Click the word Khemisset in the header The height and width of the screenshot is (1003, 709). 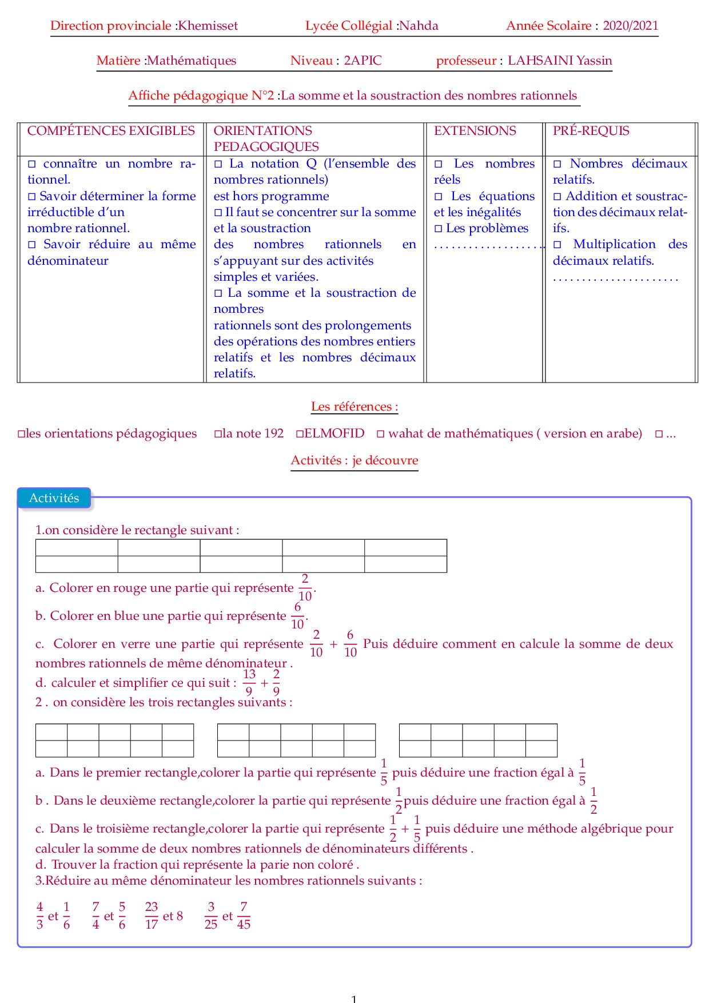coord(208,26)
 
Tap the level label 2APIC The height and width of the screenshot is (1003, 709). coord(363,61)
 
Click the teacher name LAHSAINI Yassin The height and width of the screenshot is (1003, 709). coord(560,61)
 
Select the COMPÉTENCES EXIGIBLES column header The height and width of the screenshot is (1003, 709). coord(111,131)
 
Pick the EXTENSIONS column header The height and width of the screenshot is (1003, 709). coord(475,131)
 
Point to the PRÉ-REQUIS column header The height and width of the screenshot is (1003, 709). coord(591,131)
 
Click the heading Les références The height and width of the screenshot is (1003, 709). coord(354,407)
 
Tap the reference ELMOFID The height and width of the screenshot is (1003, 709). coord(334,433)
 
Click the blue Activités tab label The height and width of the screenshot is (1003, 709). coord(54,498)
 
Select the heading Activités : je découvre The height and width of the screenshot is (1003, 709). coord(354,460)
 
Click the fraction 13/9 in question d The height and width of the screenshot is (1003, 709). coord(249,683)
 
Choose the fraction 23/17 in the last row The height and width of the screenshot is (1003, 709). coord(152,916)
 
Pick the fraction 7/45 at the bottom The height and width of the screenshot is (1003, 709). coord(244,916)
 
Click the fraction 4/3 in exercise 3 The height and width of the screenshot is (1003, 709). coord(39,916)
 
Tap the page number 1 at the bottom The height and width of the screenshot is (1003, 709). coord(354,998)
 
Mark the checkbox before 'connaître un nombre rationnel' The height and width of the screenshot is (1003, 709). coord(32,164)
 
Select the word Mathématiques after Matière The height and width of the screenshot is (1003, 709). coord(192,61)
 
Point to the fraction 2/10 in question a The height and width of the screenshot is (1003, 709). coord(305,587)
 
